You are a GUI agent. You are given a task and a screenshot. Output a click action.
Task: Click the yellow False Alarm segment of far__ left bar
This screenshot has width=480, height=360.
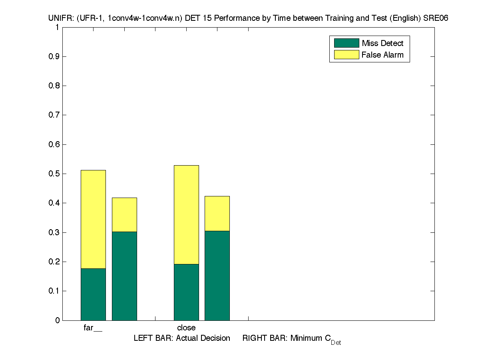93,219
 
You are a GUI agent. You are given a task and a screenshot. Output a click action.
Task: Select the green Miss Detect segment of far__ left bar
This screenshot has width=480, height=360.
93,294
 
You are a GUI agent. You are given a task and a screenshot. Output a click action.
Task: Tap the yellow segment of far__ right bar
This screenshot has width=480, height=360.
124,214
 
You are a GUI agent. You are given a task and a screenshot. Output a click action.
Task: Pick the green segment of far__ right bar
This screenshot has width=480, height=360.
124,276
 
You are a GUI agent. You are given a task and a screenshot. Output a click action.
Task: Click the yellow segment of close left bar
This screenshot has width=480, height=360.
186,214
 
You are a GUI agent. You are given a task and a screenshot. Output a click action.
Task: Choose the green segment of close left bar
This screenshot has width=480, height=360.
186,292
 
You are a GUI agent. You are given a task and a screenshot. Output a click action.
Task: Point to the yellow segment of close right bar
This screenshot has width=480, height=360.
217,213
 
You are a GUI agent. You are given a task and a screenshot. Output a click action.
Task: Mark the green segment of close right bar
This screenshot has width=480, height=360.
217,276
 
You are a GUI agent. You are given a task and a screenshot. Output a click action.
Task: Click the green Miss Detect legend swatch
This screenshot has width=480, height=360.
346,43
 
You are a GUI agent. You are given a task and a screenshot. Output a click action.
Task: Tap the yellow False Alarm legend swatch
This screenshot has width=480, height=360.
346,55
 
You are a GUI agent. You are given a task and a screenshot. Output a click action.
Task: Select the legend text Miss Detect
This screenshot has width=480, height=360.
382,43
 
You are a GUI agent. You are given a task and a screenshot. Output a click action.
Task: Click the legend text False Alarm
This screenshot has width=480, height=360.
382,55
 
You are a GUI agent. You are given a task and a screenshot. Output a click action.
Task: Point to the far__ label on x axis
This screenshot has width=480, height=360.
93,328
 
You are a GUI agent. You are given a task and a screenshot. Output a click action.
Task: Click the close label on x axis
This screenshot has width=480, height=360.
186,328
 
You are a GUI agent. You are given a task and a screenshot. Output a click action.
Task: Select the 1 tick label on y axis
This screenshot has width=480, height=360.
57,28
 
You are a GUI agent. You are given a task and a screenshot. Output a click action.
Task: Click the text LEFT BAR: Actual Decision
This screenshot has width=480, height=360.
182,338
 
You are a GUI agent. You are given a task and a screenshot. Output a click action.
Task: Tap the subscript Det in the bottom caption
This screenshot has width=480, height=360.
336,343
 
